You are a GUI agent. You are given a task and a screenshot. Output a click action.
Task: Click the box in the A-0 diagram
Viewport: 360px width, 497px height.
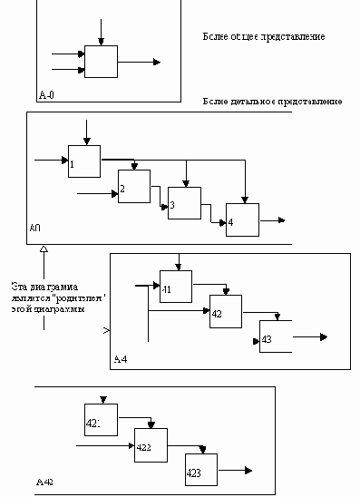(101, 62)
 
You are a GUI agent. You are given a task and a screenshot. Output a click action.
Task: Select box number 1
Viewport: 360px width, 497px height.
(84, 161)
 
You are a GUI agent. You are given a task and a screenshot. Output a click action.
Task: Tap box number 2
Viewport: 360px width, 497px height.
(133, 186)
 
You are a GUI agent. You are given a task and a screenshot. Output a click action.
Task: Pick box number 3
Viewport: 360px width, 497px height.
(184, 203)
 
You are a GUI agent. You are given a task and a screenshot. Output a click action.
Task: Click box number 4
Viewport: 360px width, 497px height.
(242, 219)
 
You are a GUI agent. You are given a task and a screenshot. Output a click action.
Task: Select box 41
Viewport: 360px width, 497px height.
(176, 286)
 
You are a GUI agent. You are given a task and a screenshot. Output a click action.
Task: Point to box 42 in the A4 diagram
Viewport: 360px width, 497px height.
(226, 311)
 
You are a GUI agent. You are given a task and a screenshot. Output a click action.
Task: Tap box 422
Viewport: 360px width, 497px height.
(151, 445)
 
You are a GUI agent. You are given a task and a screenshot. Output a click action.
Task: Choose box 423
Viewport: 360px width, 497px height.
(201, 469)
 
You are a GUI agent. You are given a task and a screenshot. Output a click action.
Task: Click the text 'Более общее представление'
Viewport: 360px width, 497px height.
(264, 37)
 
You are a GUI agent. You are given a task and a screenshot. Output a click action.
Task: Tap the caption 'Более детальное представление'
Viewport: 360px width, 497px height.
(273, 102)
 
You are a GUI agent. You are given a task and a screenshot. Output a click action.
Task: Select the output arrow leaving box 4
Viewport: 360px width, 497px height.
(273, 219)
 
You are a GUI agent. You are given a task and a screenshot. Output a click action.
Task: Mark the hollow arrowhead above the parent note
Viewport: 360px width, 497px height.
(44, 248)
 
